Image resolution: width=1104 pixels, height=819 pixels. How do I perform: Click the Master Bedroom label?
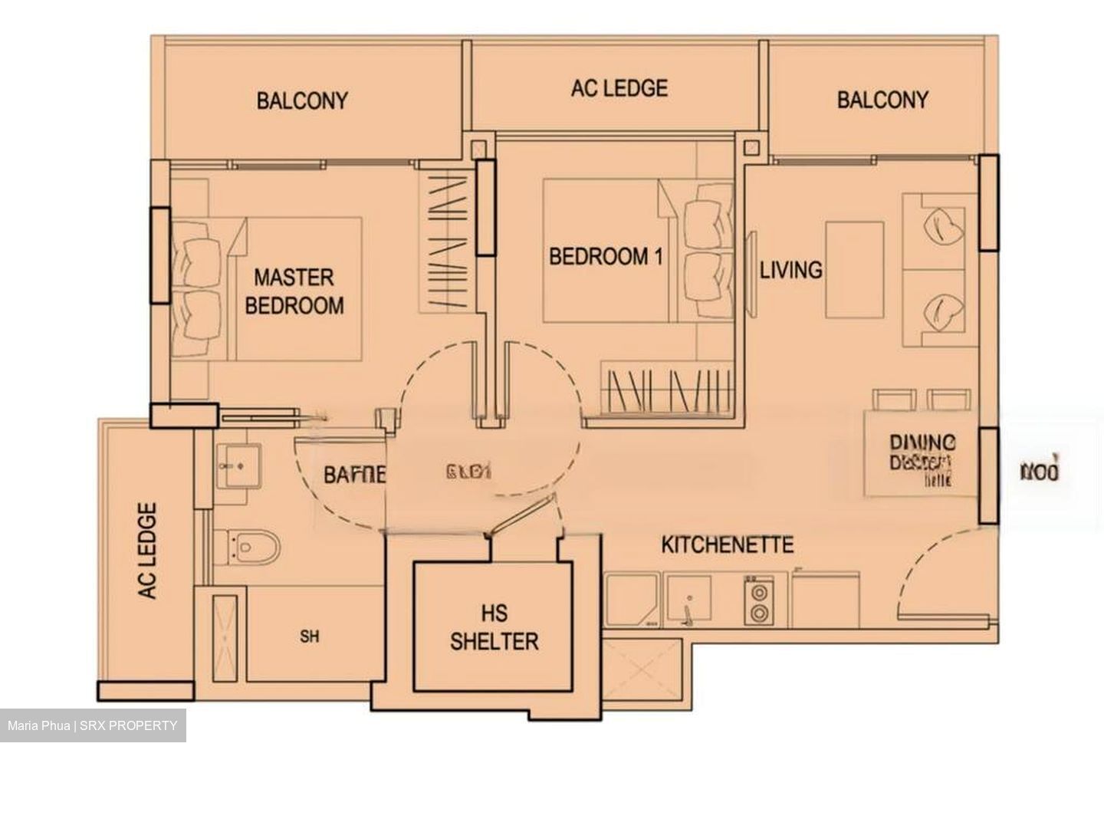tap(293, 291)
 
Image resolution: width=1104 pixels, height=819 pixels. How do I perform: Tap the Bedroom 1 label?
tap(605, 256)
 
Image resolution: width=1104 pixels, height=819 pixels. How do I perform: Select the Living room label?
tap(790, 270)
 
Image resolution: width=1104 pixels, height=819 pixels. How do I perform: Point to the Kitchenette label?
tap(727, 545)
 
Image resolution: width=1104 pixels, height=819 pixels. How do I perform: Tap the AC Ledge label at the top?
tap(619, 88)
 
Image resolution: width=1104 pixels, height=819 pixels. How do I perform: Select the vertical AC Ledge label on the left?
tap(147, 551)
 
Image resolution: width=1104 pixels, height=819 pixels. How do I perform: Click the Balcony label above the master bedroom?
tap(302, 100)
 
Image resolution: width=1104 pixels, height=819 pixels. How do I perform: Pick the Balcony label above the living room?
tap(882, 100)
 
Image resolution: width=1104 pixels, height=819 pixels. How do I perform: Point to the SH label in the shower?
tap(310, 636)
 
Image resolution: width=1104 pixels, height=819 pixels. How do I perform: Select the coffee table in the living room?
tap(854, 269)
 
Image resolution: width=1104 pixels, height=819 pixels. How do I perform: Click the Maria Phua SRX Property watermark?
tap(93, 725)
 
